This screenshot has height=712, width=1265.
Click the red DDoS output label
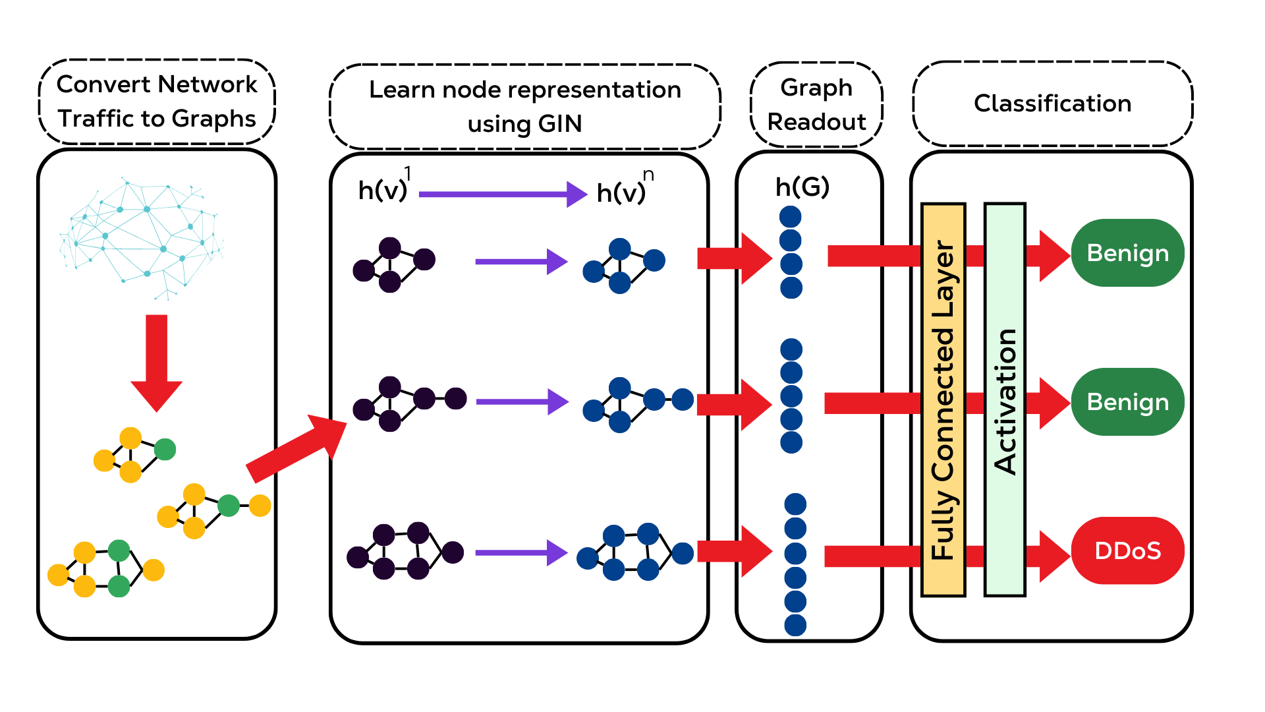1127,550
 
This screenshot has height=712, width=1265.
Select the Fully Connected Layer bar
943,400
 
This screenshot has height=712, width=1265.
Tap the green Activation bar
1005,400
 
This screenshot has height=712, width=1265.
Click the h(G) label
802,188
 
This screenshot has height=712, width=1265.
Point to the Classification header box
1052,104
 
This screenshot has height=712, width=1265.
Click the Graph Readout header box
816,104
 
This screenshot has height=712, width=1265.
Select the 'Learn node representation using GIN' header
524,106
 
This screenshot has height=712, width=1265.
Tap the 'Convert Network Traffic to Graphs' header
157,102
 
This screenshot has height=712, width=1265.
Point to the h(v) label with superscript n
623,191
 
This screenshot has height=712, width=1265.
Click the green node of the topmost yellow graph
165,450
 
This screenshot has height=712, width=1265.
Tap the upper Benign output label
1127,253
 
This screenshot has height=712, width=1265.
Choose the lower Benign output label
1127,402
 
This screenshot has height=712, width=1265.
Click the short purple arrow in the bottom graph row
520,553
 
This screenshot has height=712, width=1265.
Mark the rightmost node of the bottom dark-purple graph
453,552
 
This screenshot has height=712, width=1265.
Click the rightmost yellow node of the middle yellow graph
260,506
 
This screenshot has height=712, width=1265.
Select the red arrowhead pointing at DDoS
1054,556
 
